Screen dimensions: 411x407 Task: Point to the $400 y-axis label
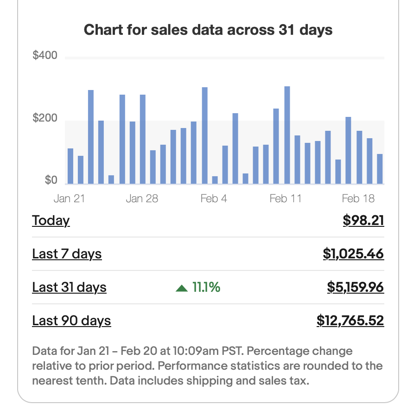(45, 56)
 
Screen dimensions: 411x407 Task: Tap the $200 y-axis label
(45, 118)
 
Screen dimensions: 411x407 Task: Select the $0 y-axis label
(51, 180)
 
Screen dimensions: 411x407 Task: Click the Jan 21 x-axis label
(70, 199)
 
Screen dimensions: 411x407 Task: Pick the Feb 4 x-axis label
(214, 199)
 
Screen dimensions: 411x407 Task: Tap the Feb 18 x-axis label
(358, 199)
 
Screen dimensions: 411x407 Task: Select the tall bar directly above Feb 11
(287, 135)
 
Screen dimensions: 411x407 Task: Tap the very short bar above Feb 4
(215, 180)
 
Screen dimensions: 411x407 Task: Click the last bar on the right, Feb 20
(380, 169)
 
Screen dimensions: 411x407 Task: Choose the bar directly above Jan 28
(142, 139)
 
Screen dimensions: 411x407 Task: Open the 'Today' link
(51, 220)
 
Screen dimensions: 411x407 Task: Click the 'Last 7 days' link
(67, 254)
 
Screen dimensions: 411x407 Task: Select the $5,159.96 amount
(356, 287)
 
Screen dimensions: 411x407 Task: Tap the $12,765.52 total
(350, 321)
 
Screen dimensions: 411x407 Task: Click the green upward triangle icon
(182, 288)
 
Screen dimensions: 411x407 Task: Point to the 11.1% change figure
(206, 288)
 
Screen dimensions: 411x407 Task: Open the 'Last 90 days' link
(71, 321)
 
